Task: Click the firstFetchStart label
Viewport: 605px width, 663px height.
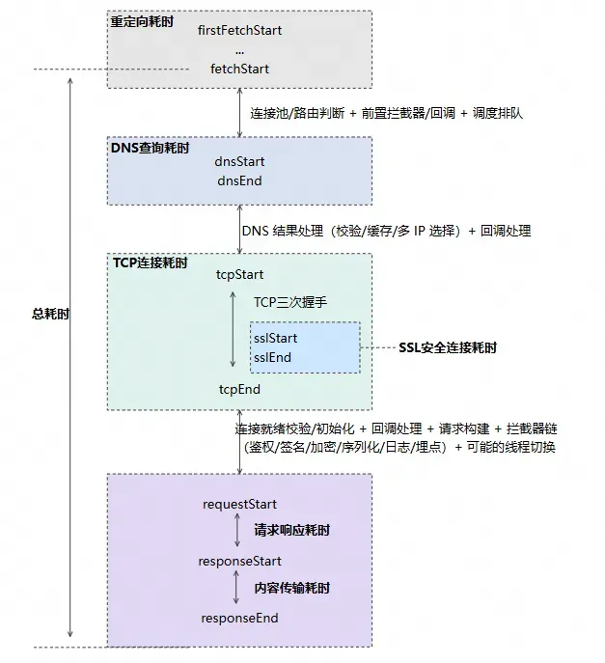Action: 239,30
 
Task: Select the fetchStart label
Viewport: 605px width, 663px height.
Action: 239,69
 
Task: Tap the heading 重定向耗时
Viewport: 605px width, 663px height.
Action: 143,18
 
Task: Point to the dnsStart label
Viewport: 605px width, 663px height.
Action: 239,162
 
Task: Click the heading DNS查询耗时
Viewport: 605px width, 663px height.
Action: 151,148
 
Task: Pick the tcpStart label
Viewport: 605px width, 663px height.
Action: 239,275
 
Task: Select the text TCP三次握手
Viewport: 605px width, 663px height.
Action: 290,302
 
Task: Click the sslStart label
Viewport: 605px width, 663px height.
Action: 275,339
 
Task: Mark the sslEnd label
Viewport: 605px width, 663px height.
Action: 272,358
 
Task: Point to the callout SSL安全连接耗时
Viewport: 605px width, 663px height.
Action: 448,347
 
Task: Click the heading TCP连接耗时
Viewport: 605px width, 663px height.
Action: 150,262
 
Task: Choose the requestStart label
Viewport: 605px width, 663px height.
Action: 239,504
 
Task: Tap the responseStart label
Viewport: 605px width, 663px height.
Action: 239,561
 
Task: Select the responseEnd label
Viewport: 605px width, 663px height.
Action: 239,618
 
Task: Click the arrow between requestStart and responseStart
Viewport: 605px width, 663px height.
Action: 236,532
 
